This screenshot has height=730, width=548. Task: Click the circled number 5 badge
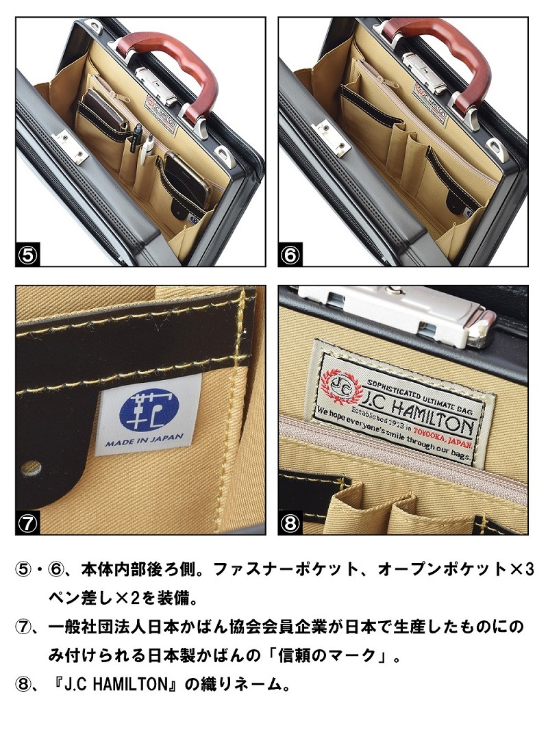27,255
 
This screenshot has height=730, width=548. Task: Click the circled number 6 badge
290,255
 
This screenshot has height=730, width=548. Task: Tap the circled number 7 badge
27,523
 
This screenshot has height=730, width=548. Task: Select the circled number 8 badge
290,523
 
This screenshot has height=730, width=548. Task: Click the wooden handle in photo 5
177,65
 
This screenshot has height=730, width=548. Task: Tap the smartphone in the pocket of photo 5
186,179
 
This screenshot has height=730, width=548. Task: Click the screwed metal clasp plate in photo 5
71,146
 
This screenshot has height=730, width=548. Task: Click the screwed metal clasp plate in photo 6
332,138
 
